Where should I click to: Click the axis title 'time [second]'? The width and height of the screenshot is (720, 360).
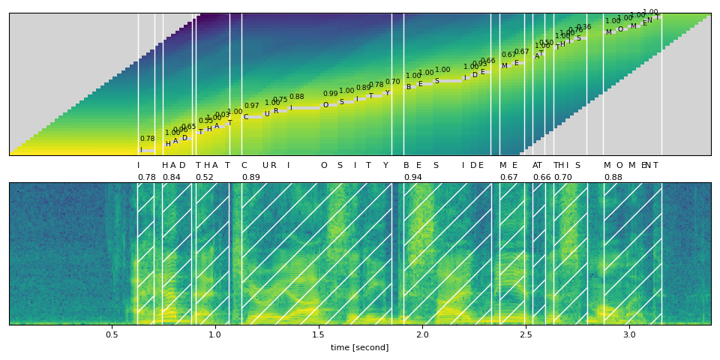359,347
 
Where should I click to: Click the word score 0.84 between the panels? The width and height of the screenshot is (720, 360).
171,178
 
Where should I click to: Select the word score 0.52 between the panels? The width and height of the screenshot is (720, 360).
204,178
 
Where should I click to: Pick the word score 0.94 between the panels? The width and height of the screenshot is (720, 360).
412,178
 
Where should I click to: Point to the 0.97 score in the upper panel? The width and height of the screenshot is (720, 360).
251,106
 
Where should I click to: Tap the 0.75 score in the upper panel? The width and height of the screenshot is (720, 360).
280,100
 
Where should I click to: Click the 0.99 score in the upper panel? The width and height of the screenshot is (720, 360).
330,94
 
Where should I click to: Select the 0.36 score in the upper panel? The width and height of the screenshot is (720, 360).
583,28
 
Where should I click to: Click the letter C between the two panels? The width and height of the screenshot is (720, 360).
244,166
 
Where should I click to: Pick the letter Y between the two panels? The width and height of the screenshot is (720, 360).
385,166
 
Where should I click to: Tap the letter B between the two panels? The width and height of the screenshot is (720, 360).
406,166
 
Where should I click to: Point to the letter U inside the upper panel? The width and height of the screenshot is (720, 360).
267,115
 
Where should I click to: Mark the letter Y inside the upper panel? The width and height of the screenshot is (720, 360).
387,93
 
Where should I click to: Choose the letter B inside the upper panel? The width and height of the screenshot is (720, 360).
409,87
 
